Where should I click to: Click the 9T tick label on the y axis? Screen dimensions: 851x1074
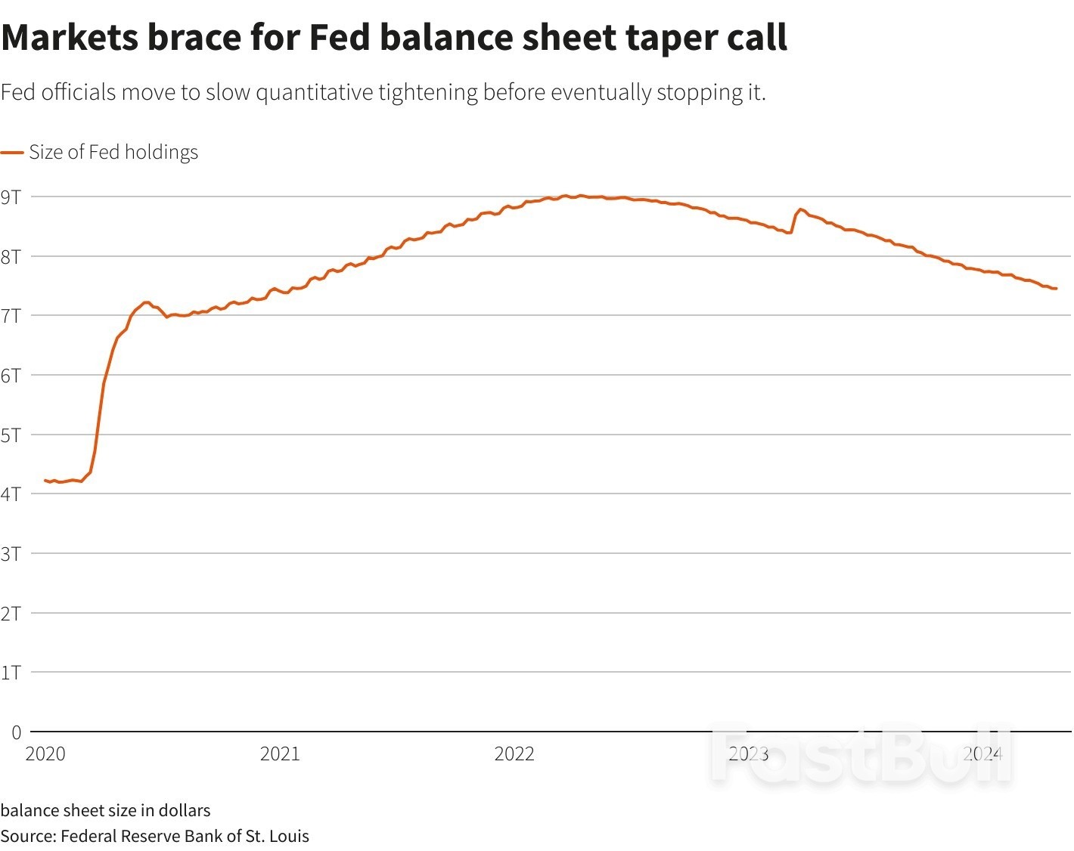pyautogui.click(x=11, y=197)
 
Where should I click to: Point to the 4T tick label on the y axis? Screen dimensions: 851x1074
pyautogui.click(x=11, y=494)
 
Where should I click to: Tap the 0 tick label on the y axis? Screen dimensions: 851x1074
pyautogui.click(x=16, y=732)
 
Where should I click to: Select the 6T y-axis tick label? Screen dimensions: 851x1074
pyautogui.click(x=11, y=376)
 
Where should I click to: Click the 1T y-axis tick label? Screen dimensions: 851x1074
pyautogui.click(x=11, y=673)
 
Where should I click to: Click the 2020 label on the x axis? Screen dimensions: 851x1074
pyautogui.click(x=45, y=754)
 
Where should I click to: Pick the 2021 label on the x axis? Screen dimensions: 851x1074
pyautogui.click(x=280, y=754)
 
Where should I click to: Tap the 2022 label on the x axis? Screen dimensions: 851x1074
pyautogui.click(x=514, y=754)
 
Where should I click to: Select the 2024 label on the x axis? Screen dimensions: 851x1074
pyautogui.click(x=982, y=754)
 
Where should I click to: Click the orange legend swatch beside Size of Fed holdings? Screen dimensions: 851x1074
pyautogui.click(x=12, y=153)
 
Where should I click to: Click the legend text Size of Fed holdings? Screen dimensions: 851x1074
pyautogui.click(x=113, y=153)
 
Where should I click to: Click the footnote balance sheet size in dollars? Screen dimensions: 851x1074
pyautogui.click(x=105, y=810)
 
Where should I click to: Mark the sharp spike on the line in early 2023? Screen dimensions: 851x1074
pyautogui.click(x=800, y=209)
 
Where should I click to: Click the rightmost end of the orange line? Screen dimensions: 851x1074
pyautogui.click(x=1056, y=289)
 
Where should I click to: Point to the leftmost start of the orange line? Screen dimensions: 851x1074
pyautogui.click(x=45, y=480)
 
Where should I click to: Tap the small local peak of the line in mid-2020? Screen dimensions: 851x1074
pyautogui.click(x=146, y=302)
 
